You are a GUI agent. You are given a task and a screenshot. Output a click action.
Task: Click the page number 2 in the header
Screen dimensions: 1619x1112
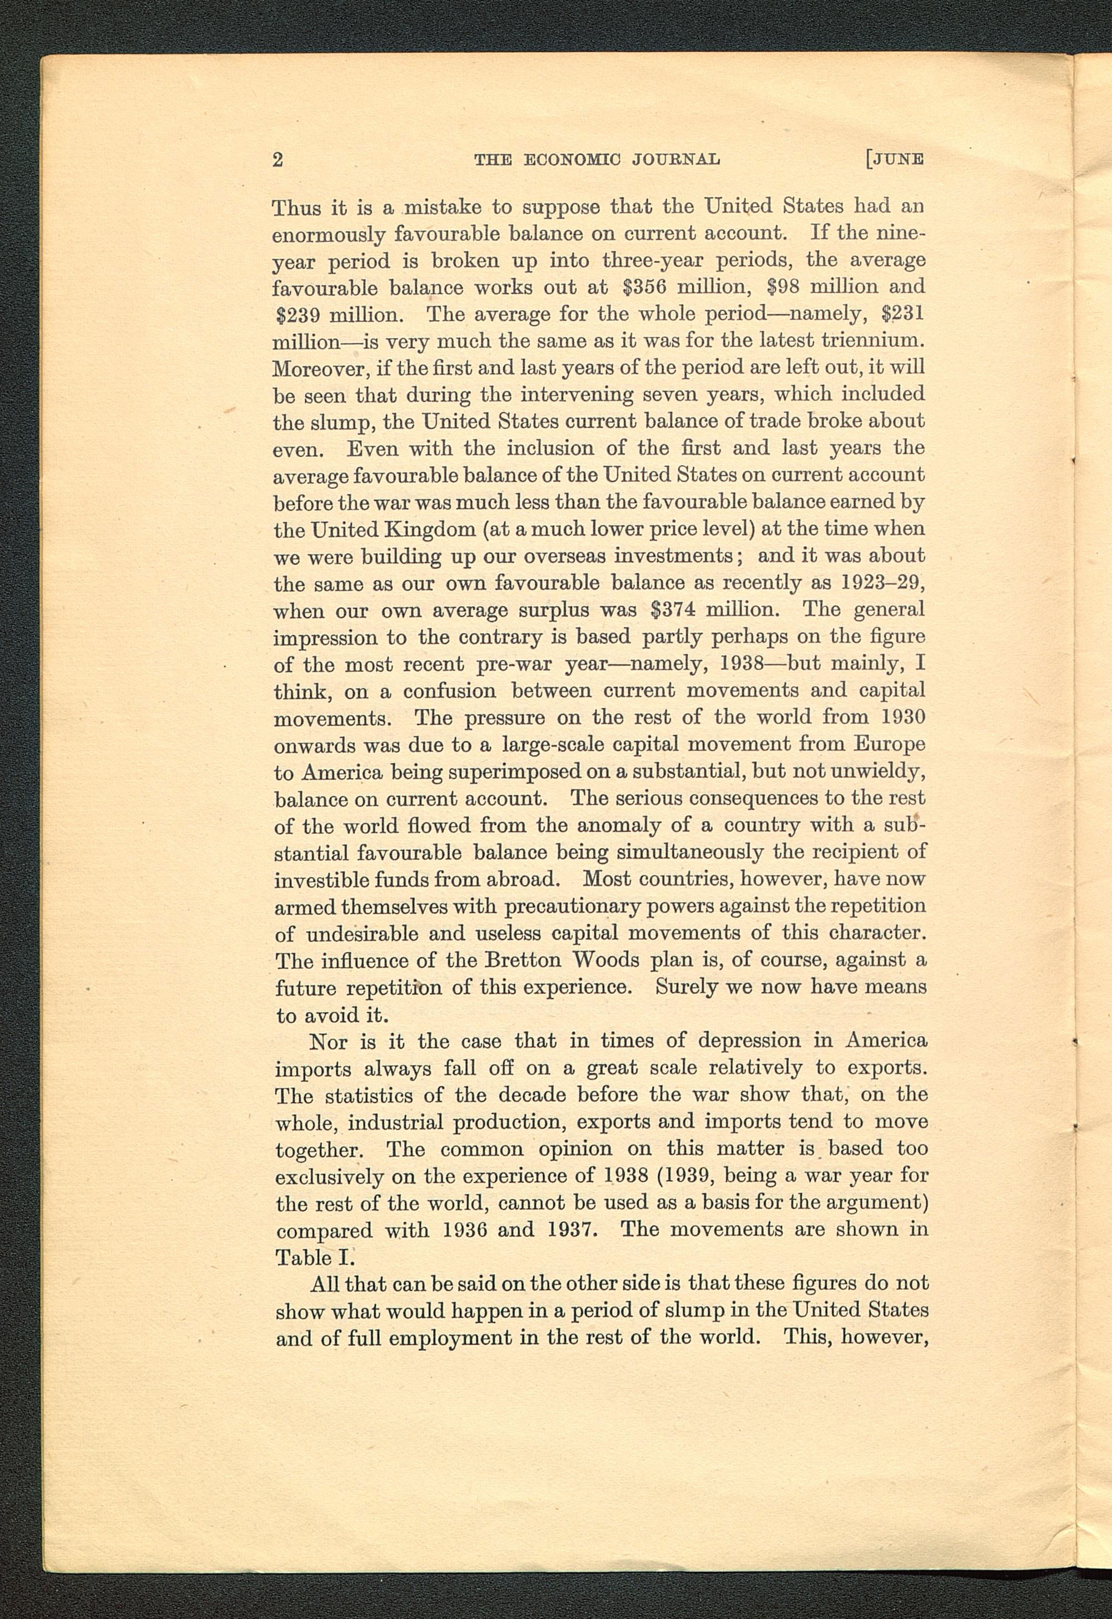[x=278, y=160]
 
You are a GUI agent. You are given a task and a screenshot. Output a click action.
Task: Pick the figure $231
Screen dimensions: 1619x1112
[x=902, y=314]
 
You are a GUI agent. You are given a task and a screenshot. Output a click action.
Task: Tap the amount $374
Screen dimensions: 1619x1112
[x=674, y=611]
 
